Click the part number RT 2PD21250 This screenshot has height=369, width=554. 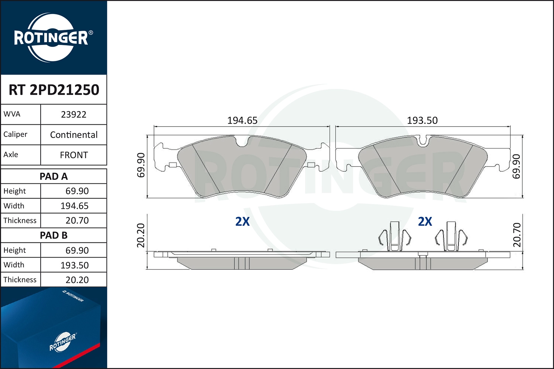[54, 90]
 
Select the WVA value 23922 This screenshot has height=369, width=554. [73, 114]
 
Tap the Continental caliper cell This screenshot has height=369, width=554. [73, 135]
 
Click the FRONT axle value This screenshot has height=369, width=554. [73, 155]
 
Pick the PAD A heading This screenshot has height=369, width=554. [54, 176]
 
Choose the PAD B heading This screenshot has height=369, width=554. [54, 235]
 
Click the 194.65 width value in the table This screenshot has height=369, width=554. [75, 206]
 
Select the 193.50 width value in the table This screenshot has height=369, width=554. [75, 265]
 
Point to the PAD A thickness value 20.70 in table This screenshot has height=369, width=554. [77, 221]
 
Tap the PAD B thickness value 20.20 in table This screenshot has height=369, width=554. [77, 280]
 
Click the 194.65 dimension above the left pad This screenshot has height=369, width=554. [242, 120]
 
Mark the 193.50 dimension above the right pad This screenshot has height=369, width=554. [422, 120]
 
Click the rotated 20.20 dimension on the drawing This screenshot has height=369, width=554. [141, 235]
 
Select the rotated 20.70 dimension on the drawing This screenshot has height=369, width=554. [517, 235]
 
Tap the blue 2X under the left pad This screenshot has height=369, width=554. [242, 221]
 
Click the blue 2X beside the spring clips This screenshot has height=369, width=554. [425, 221]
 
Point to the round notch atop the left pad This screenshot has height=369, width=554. [242, 142]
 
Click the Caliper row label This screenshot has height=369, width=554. [16, 134]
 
